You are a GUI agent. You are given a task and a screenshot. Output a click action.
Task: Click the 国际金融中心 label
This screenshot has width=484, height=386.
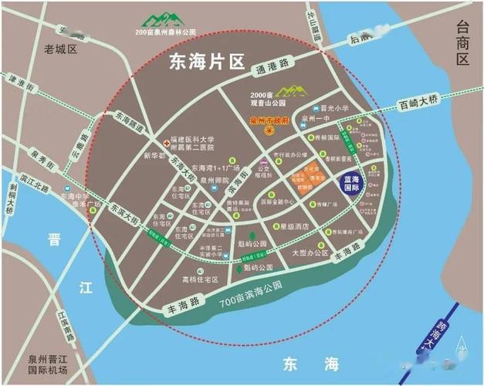point(279,202)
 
